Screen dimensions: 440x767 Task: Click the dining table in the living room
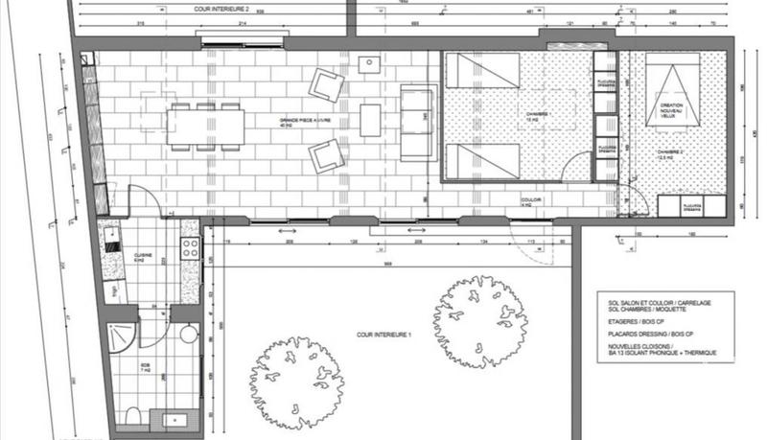204,125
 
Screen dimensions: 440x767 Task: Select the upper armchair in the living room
326,86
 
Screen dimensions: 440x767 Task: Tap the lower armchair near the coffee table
326,154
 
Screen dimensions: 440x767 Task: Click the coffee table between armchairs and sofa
371,120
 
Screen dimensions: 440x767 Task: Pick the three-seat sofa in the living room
417,122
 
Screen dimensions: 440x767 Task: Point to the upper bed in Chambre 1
483,71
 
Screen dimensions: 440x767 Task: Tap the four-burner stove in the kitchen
190,248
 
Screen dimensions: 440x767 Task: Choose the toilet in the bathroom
135,414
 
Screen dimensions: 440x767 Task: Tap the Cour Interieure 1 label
384,333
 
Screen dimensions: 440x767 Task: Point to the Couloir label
518,201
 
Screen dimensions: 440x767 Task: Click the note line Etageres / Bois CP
623,323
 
